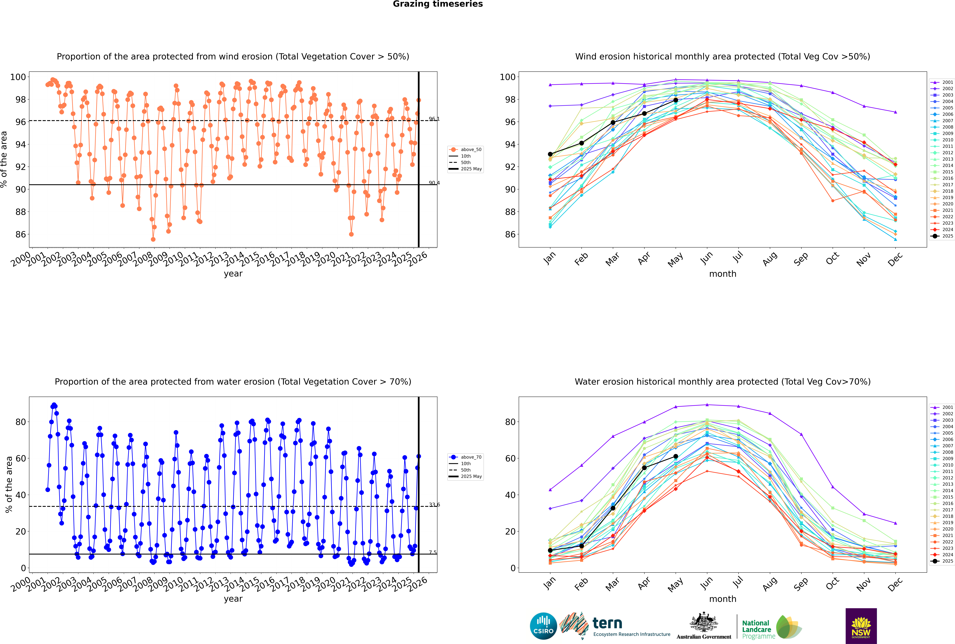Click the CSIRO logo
coord(543,626)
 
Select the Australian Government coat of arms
coord(704,623)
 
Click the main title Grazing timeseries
coord(438,4)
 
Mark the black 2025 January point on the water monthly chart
coord(550,550)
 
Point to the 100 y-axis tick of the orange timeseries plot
coord(18,77)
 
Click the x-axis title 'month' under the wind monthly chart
coord(723,274)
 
